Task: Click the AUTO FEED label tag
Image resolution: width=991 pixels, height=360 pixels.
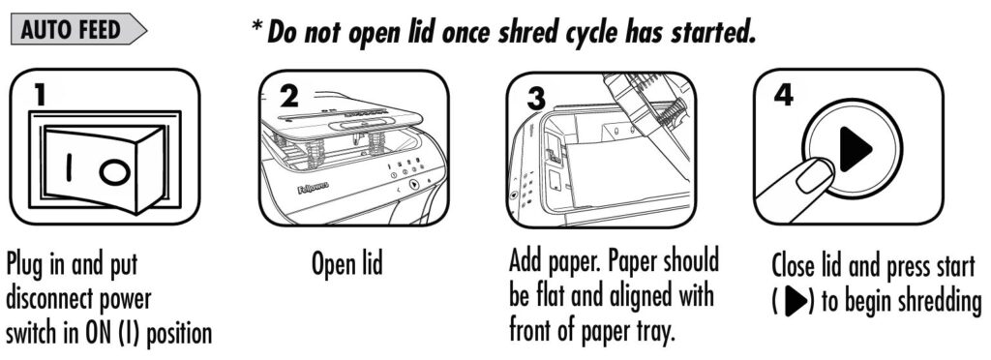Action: point(78,29)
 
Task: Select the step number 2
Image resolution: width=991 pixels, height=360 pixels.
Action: point(288,97)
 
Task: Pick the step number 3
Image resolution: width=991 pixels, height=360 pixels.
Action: point(536,99)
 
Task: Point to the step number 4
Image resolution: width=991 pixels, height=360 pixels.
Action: point(784,96)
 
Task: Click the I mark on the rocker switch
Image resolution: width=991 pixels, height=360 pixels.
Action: point(70,168)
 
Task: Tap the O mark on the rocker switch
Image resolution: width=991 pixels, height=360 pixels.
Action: point(114,173)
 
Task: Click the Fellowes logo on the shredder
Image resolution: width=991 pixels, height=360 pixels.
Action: point(313,188)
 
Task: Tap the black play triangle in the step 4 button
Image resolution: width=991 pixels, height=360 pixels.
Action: point(856,149)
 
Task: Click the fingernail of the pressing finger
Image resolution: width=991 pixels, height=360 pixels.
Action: point(815,175)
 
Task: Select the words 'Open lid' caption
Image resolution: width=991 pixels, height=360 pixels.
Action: point(347,263)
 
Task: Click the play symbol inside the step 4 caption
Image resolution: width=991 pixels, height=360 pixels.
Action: point(796,302)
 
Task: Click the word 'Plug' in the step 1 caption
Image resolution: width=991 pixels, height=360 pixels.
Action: point(26,265)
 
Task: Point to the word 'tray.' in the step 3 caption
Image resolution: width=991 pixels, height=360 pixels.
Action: point(651,330)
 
